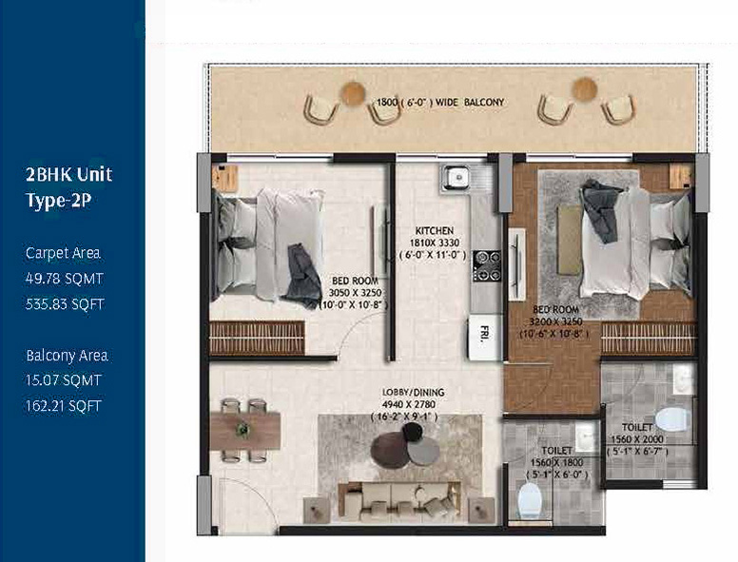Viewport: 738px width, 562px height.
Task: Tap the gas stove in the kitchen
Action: pyautogui.click(x=487, y=265)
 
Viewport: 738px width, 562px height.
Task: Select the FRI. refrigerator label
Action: pyautogui.click(x=484, y=332)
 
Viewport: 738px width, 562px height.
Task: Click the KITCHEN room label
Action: pyautogui.click(x=434, y=231)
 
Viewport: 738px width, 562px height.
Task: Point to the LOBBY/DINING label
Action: pyautogui.click(x=413, y=392)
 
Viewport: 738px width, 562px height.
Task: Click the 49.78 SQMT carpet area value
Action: pyautogui.click(x=65, y=279)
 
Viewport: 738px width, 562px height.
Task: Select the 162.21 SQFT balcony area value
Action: pyautogui.click(x=64, y=406)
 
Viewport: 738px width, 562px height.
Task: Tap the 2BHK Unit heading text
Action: pyautogui.click(x=68, y=175)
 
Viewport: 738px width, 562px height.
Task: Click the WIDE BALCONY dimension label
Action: pyautogui.click(x=470, y=102)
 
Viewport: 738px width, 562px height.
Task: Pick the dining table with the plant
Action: pyautogui.click(x=244, y=431)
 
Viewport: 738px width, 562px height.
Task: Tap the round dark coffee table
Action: pyautogui.click(x=390, y=451)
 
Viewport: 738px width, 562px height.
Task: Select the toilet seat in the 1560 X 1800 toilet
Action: pyautogui.click(x=530, y=499)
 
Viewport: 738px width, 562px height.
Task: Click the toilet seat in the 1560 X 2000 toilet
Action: pyautogui.click(x=673, y=419)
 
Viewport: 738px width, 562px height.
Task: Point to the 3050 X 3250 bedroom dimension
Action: pyautogui.click(x=355, y=293)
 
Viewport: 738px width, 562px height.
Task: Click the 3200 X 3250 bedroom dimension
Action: pyautogui.click(x=555, y=322)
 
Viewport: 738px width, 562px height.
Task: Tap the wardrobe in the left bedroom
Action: pyautogui.click(x=257, y=338)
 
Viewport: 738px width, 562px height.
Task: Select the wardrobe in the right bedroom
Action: pyautogui.click(x=648, y=339)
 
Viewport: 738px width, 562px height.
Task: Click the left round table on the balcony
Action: pyautogui.click(x=353, y=93)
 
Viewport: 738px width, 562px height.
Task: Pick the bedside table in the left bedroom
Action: pyautogui.click(x=224, y=178)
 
